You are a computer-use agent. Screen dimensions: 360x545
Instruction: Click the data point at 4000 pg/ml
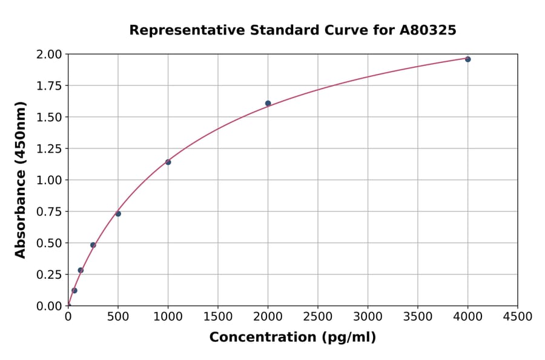[x=467, y=59]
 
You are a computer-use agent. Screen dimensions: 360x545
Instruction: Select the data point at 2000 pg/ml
[x=268, y=103]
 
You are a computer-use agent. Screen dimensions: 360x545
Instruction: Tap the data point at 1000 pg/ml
[x=168, y=162]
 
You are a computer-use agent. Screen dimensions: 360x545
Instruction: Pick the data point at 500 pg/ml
[x=118, y=213]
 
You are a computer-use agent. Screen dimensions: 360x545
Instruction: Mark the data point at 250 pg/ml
[x=93, y=245]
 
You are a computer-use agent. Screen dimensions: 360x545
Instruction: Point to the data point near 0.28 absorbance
[x=81, y=270]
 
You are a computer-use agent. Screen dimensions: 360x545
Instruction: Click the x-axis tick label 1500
[x=218, y=316]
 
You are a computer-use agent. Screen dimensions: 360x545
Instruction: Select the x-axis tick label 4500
[x=518, y=316]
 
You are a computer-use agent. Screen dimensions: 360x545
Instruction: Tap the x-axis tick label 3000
[x=368, y=316]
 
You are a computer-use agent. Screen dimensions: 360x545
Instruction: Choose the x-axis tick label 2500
[x=318, y=316]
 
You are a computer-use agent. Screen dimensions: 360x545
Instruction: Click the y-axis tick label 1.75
[x=50, y=86]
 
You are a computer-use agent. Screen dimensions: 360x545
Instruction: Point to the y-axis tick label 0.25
[x=50, y=275]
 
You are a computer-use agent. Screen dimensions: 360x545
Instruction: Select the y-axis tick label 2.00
[x=50, y=55]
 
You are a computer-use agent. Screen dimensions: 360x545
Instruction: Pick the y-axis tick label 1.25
[x=50, y=149]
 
